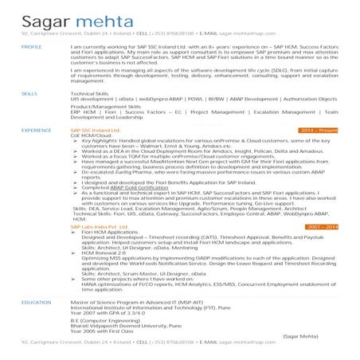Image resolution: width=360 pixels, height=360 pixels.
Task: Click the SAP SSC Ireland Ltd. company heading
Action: point(96,129)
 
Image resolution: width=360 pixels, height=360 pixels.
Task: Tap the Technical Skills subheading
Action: point(91,94)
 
